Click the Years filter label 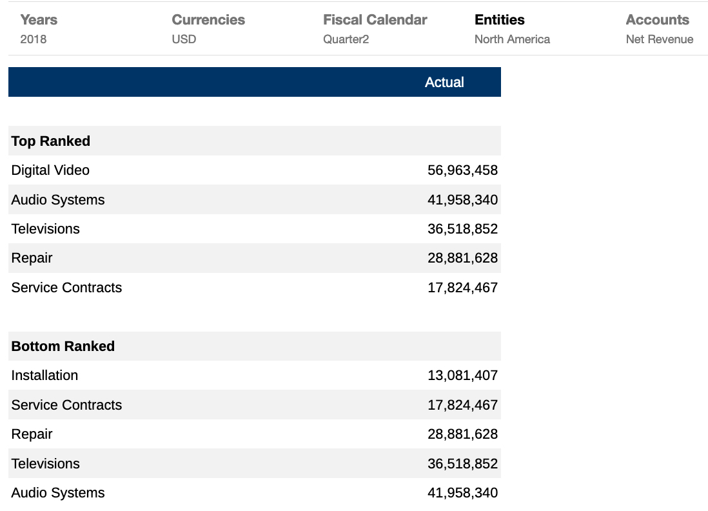[x=39, y=20]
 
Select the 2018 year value [x=34, y=39]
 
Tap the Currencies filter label [x=208, y=20]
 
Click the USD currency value [x=184, y=39]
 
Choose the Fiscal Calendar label [x=375, y=20]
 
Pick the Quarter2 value [x=346, y=39]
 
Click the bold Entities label [x=500, y=20]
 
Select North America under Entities [x=512, y=39]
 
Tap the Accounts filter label [x=658, y=20]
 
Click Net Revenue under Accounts [x=660, y=39]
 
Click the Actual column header [x=444, y=83]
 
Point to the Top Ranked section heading [x=51, y=141]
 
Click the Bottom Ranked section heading [x=63, y=346]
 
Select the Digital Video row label [x=50, y=170]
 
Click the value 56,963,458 [x=462, y=170]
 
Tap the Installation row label [x=44, y=376]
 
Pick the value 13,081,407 [x=462, y=376]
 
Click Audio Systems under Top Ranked [x=58, y=200]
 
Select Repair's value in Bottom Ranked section [x=462, y=434]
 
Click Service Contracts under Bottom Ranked [x=66, y=405]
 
